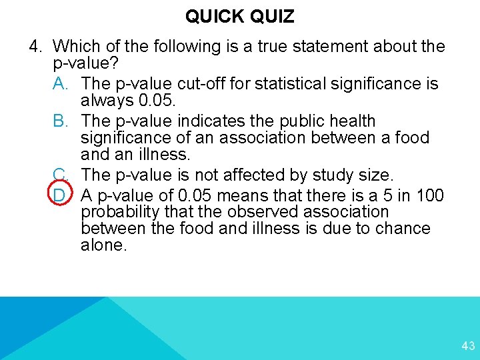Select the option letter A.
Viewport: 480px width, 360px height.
coord(60,84)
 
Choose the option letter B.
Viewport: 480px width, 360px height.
coord(60,121)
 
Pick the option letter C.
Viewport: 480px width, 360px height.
coord(60,175)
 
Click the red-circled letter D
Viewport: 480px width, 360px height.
coord(60,196)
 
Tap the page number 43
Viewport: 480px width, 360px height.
coord(468,346)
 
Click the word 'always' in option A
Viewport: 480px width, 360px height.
coord(107,101)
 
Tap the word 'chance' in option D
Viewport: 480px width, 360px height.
coord(404,229)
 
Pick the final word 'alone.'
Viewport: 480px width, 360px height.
coord(103,245)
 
